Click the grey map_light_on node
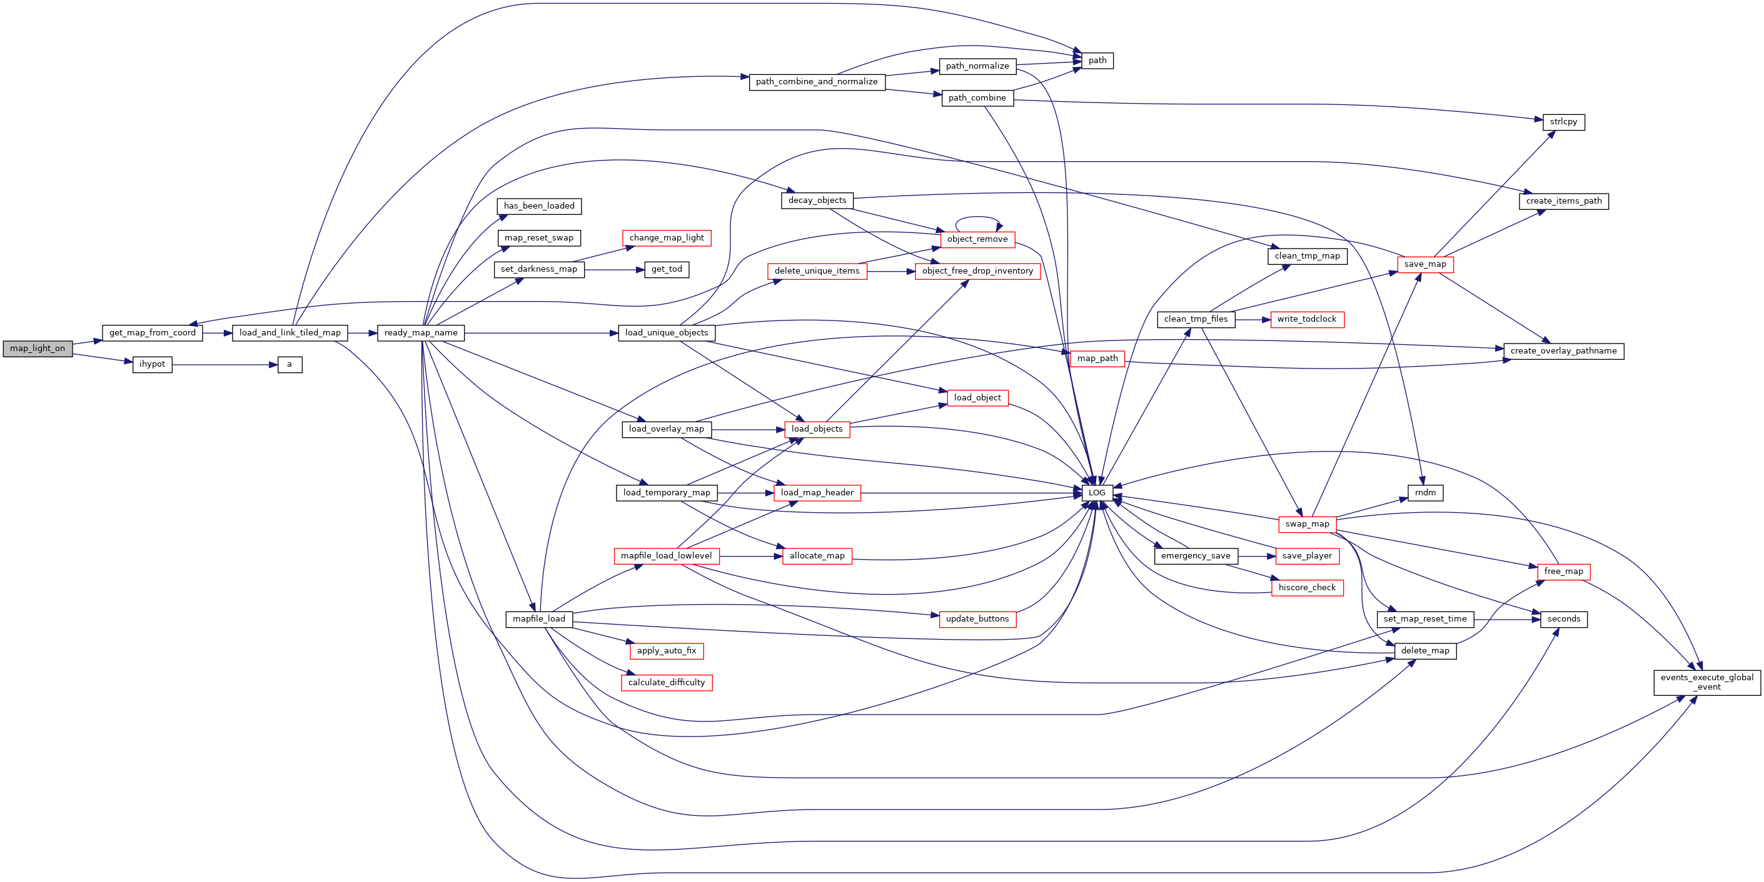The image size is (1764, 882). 38,349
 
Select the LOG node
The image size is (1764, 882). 1096,493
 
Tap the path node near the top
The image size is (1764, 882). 1097,60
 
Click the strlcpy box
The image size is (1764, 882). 1563,122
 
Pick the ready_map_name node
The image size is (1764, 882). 420,332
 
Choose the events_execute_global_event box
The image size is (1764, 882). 1707,682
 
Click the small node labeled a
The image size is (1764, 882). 290,365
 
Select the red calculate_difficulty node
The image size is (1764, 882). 667,682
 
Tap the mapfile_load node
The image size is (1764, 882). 539,618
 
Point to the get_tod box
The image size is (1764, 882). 667,270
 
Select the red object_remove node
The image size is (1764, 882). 977,239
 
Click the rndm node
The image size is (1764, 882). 1425,493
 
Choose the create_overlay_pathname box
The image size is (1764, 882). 1563,351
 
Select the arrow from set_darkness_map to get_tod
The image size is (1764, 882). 614,270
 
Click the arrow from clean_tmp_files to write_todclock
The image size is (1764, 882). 1252,319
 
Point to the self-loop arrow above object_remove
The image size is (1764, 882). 977,217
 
